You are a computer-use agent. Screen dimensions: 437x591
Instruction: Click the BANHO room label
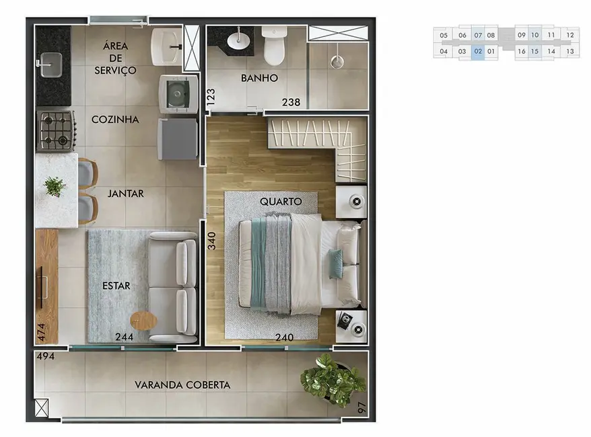coord(259,78)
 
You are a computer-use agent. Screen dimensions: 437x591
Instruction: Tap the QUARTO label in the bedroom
coord(279,201)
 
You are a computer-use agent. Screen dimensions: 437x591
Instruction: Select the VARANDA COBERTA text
coord(182,385)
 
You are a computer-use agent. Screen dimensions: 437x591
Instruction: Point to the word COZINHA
coord(115,120)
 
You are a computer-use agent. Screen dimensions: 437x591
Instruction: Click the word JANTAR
coord(125,194)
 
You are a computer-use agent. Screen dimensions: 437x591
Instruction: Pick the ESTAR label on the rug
coord(116,286)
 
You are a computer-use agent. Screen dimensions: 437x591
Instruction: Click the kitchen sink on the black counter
coord(48,66)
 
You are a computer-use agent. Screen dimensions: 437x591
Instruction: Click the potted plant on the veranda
coord(332,381)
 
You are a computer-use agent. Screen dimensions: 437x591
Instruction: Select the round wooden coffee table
coord(143,321)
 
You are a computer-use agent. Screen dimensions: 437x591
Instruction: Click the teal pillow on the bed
coord(334,263)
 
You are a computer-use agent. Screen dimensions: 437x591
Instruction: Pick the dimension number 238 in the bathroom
coord(291,103)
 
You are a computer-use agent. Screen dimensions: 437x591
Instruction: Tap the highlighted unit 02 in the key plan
coord(477,51)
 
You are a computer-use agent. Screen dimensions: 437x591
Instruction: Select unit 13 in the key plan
coord(569,51)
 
